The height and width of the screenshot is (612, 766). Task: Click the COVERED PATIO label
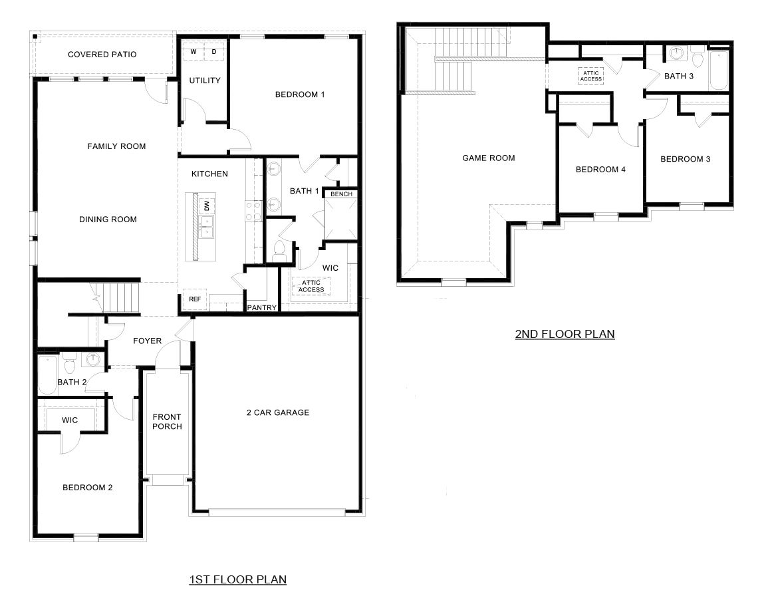coord(102,54)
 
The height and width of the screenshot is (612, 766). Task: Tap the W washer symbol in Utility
coord(193,51)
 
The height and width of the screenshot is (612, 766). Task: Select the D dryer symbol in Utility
coord(214,51)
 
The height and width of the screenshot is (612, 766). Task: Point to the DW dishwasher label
coord(207,206)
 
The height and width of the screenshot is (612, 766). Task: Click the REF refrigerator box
coord(195,299)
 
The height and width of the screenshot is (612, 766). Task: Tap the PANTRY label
coord(261,307)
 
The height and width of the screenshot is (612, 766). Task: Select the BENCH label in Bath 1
coord(341,194)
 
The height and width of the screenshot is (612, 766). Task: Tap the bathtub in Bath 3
coord(719,69)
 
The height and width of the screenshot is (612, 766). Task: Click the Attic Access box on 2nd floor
coord(590,76)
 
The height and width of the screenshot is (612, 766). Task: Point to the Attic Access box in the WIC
coord(311,286)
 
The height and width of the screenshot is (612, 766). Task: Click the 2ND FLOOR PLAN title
coord(565,334)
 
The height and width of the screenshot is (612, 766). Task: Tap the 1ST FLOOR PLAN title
coord(237,579)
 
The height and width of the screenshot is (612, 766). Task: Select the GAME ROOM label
coord(489,158)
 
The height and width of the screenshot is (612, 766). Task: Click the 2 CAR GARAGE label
coord(278,412)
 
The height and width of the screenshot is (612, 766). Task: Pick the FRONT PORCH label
coord(167,422)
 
